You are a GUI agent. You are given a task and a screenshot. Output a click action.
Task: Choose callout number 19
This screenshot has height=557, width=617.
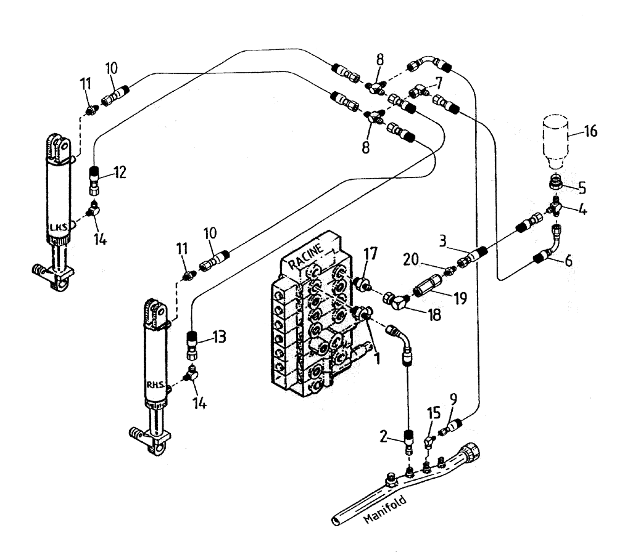(460, 299)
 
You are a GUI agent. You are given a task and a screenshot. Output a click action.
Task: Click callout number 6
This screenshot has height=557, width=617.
(568, 261)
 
